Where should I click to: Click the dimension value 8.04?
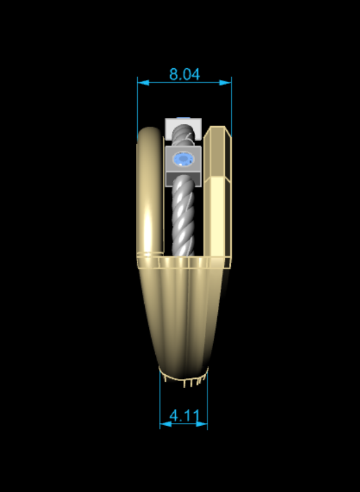click(184, 74)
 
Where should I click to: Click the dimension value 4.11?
click(184, 416)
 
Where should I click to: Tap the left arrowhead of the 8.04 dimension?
click(143, 83)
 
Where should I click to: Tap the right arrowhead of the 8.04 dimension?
click(226, 83)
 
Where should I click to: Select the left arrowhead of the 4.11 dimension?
click(166, 424)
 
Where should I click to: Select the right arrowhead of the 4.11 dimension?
click(201, 424)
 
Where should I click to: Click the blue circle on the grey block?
click(183, 159)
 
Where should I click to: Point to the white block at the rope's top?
click(183, 129)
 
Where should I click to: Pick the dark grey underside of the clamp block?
click(183, 179)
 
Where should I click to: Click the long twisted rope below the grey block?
click(183, 216)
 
